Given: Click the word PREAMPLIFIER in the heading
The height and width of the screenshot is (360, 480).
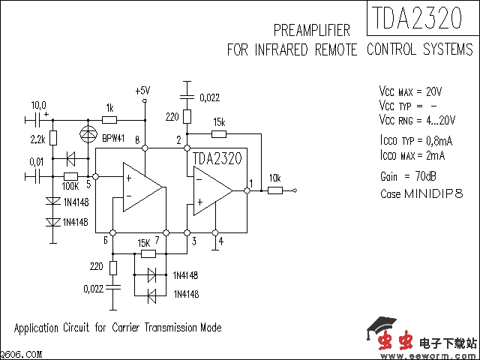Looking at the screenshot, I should click(312, 31).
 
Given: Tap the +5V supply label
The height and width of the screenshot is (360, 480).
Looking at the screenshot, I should click(142, 91).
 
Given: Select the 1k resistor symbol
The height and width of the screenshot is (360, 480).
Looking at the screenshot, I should click(109, 119).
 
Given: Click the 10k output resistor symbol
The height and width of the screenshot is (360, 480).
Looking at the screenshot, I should click(274, 190).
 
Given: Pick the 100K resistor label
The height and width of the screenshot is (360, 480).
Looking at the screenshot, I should click(70, 185).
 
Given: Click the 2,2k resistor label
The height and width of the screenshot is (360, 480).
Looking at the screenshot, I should click(38, 139).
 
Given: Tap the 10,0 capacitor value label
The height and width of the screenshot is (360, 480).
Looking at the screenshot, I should click(37, 105).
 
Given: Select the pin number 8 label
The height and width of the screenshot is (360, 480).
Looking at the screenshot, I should click(136, 140).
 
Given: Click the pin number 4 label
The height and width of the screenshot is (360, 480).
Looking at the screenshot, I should click(220, 241).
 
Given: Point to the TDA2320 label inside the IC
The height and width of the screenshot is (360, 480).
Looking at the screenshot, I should click(217, 158).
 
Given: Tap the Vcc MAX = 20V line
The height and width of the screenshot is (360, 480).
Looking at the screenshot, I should click(410, 91).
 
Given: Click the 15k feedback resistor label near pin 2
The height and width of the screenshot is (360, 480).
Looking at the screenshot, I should click(219, 121).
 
